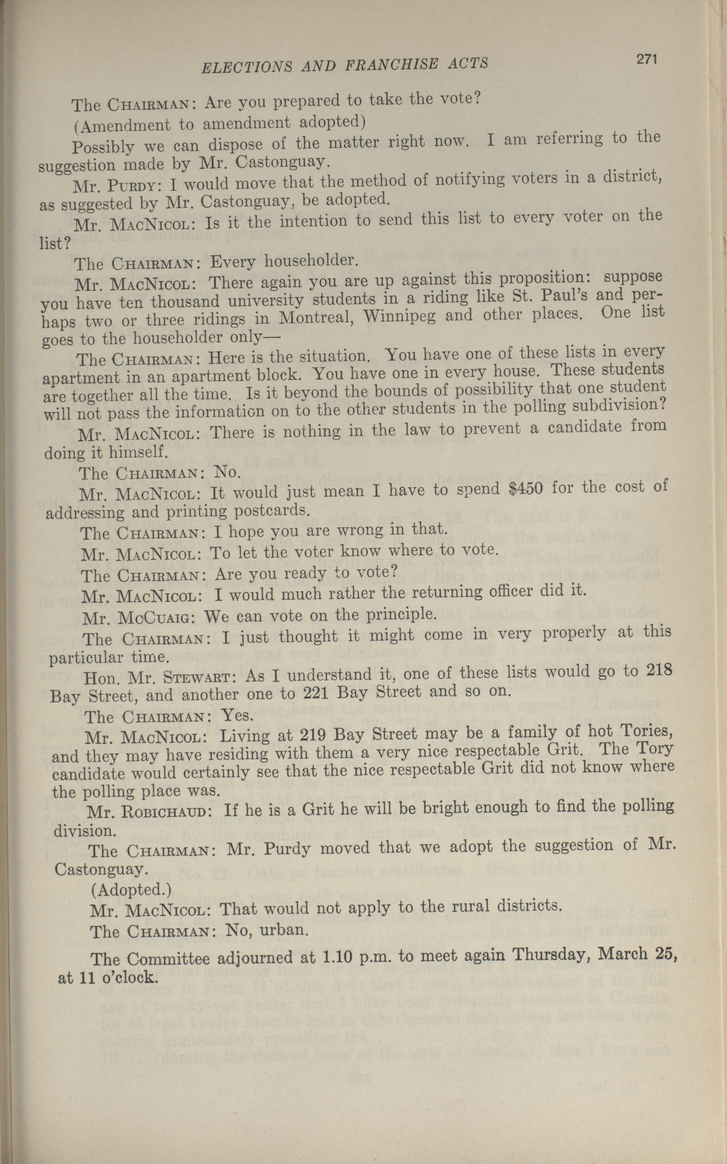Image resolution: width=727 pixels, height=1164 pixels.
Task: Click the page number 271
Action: click(646, 60)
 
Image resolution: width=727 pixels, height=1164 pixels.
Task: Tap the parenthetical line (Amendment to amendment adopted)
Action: click(220, 124)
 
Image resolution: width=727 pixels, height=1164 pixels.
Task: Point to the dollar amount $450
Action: click(525, 489)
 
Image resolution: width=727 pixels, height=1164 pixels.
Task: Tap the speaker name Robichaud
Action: click(166, 812)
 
